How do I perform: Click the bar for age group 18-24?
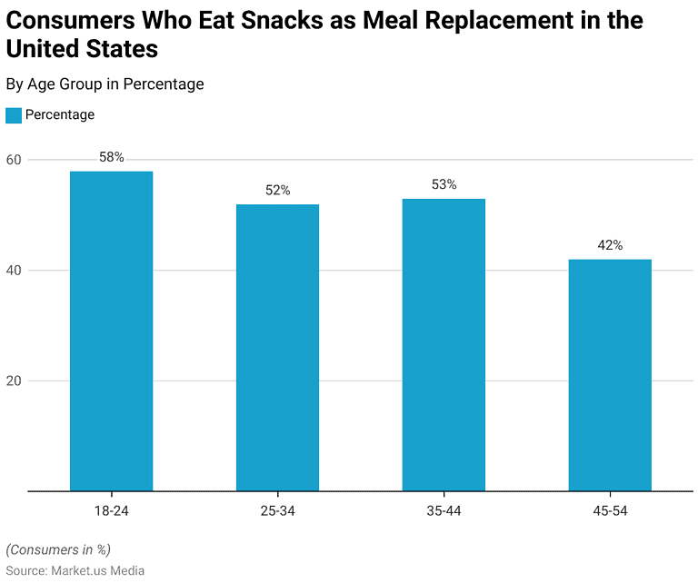[x=111, y=331]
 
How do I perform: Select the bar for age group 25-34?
[x=277, y=348]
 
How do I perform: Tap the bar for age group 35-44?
[x=444, y=345]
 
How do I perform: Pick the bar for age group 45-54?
[x=610, y=375]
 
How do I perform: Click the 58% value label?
[x=111, y=157]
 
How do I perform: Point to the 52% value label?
[x=277, y=191]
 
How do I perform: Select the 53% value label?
[x=444, y=184]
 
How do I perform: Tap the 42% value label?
[x=610, y=245]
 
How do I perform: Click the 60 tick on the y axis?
[x=14, y=160]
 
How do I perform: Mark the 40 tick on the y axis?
[x=14, y=271]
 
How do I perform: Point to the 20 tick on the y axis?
[x=14, y=380]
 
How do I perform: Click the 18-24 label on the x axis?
[x=111, y=511]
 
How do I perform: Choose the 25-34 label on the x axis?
[x=277, y=511]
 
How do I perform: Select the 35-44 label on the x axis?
[x=444, y=511]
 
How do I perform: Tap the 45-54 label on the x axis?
[x=610, y=511]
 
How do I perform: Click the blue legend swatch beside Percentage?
[x=14, y=115]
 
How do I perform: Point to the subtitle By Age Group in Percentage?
[x=105, y=84]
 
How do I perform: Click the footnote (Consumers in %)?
[x=58, y=549]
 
